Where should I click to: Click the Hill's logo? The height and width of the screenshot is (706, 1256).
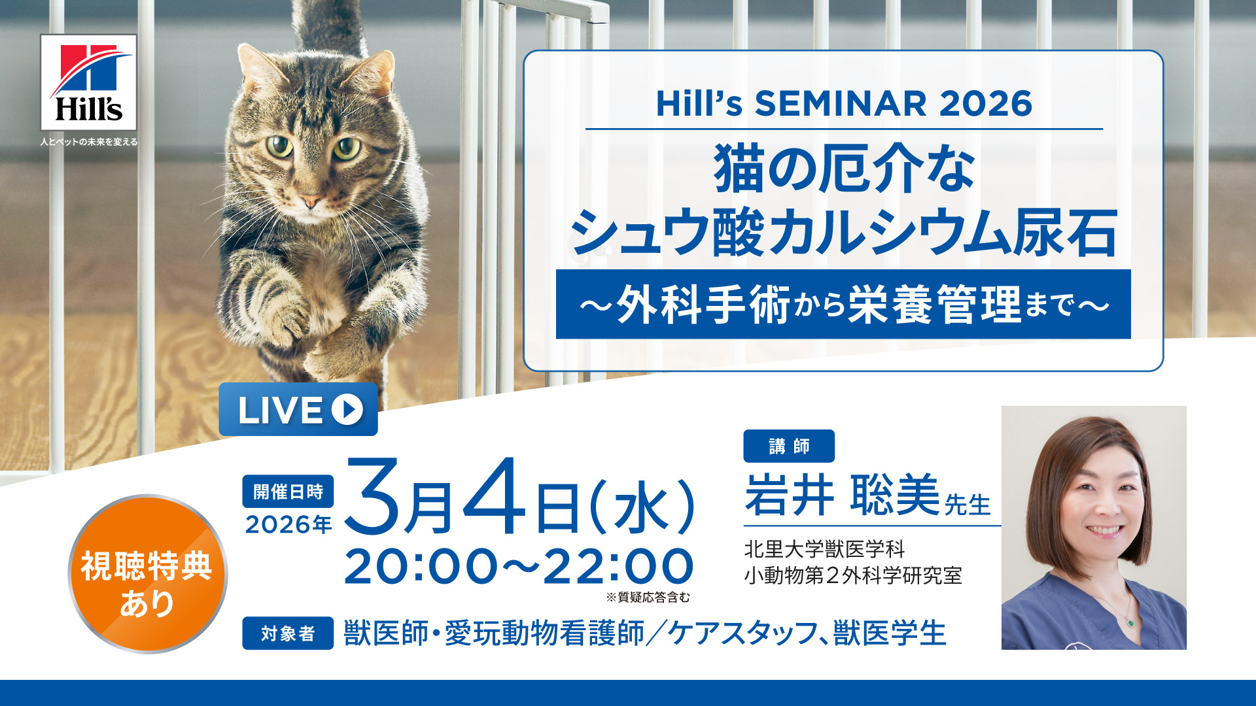click(x=88, y=82)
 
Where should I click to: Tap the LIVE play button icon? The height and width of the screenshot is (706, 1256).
click(x=347, y=409)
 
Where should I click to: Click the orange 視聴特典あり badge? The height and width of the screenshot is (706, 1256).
click(x=148, y=574)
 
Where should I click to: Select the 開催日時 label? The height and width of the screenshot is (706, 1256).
click(x=288, y=492)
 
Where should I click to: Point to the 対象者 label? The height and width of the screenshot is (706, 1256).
click(x=288, y=633)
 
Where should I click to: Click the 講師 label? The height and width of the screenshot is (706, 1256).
click(x=789, y=446)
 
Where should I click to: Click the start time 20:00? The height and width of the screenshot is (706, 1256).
click(x=421, y=566)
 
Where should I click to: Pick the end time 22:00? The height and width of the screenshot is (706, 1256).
click(x=618, y=566)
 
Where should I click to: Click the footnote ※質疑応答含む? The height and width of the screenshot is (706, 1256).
click(x=648, y=597)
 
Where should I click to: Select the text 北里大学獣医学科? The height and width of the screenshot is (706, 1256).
click(x=824, y=549)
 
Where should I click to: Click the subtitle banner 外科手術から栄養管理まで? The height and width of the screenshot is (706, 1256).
click(x=843, y=304)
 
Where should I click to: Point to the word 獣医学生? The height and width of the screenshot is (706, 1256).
click(x=890, y=633)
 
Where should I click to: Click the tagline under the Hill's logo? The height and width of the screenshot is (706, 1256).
click(x=88, y=141)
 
